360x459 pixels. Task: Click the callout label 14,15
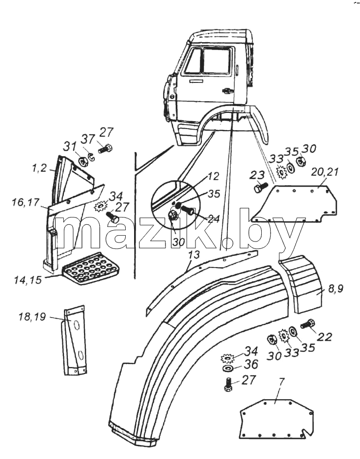coord(28,279)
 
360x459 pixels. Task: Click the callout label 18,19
coord(32,317)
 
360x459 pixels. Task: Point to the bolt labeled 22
coord(308,324)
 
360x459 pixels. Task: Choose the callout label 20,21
coord(325,172)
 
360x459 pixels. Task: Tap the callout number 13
coord(194,255)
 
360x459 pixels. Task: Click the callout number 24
coord(213,218)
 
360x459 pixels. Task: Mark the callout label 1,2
coord(39,168)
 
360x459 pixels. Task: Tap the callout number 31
coord(70,146)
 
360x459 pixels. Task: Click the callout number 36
coord(251,364)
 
